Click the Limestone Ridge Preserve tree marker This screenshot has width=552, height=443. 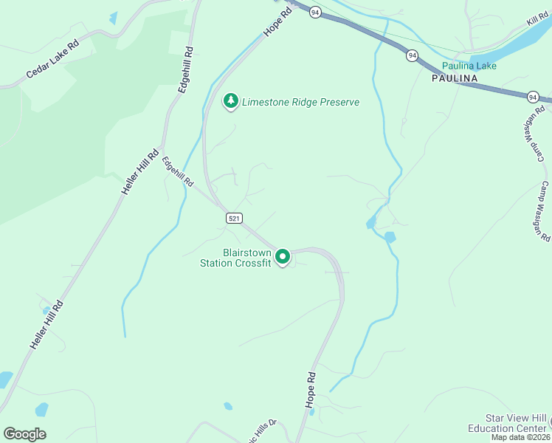tap(231, 101)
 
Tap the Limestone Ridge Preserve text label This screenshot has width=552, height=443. tap(301, 102)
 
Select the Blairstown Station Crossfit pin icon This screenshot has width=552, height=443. tap(283, 257)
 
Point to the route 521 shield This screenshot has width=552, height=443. tap(233, 218)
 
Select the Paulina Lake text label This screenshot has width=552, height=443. tap(475, 66)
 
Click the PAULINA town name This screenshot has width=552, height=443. tap(455, 78)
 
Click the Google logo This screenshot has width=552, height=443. tap(24, 434)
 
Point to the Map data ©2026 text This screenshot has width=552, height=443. tap(520, 437)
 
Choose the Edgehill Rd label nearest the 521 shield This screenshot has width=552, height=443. tap(178, 170)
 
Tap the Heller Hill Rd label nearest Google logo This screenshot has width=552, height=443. tap(47, 326)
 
